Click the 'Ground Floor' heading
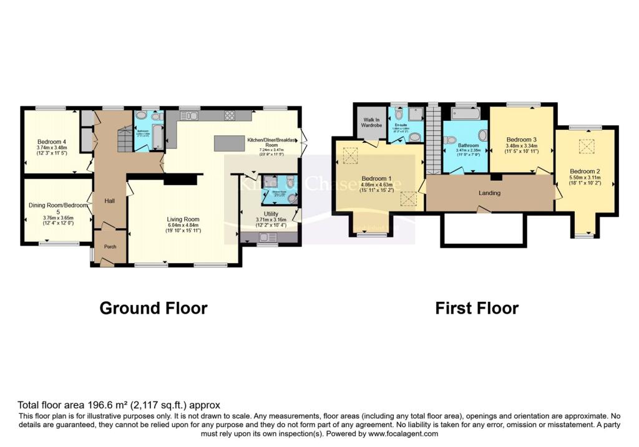(x=154, y=308)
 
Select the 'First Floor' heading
(x=477, y=308)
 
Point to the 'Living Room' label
(x=183, y=219)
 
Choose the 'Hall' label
(x=109, y=201)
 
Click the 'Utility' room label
(x=271, y=213)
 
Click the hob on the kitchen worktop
(x=229, y=115)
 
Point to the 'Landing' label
(x=489, y=193)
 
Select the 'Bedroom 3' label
(x=522, y=140)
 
